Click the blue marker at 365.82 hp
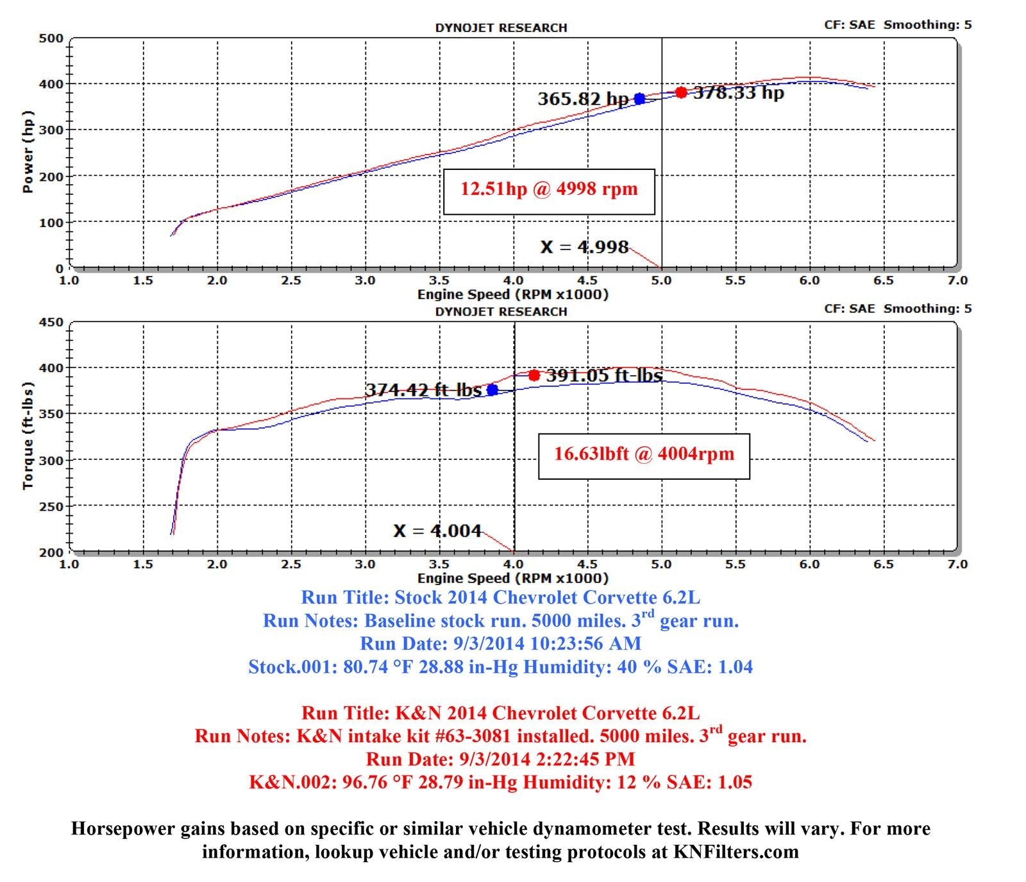(639, 99)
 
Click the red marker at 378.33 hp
(681, 92)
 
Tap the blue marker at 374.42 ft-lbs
(492, 389)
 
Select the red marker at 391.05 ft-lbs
(534, 375)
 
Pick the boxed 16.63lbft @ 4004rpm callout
(644, 455)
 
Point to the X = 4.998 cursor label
(584, 247)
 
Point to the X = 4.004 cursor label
(437, 530)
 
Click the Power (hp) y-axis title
(28, 151)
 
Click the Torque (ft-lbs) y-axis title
(28, 436)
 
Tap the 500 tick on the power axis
(51, 38)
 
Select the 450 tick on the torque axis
(51, 323)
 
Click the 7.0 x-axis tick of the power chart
(957, 281)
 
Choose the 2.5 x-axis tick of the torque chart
(291, 564)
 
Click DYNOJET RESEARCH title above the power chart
(501, 28)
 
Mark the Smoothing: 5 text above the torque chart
(927, 309)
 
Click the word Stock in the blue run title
(418, 598)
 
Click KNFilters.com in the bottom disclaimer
(736, 852)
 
